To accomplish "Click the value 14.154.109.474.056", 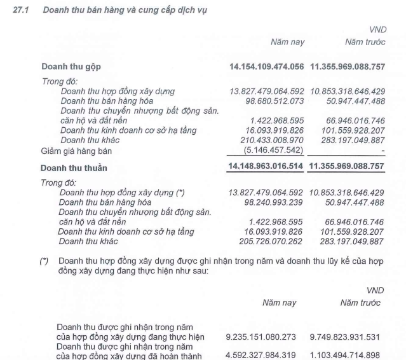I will [267, 66].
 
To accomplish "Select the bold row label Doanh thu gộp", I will [71, 66].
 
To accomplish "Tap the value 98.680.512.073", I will [275, 100].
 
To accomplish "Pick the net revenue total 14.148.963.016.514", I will [267, 167].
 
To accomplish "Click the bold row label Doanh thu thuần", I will [74, 168].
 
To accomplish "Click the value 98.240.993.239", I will [275, 202].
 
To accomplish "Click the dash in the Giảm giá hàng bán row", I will [382, 150].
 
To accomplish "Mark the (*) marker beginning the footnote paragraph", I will [44, 261].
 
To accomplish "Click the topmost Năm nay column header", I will [288, 42].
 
